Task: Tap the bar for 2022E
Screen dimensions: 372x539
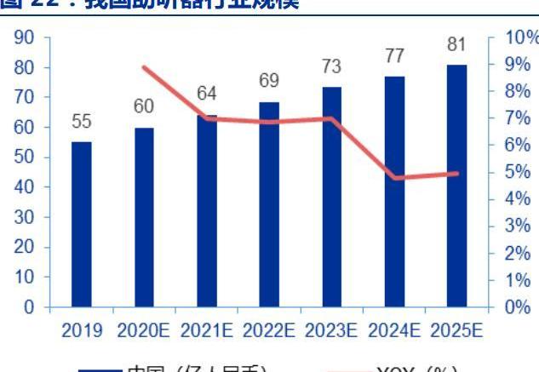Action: tap(268, 204)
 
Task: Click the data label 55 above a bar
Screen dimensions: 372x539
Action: tap(81, 122)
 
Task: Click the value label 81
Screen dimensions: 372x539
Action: tap(456, 43)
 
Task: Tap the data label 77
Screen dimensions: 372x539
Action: tap(393, 56)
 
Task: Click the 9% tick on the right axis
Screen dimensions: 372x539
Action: tap(516, 65)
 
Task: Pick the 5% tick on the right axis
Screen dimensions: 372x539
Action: tap(516, 172)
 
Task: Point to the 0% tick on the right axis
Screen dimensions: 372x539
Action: tap(516, 306)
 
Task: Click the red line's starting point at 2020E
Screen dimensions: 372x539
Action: tap(145, 66)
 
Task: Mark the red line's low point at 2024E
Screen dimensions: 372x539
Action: tap(393, 178)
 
